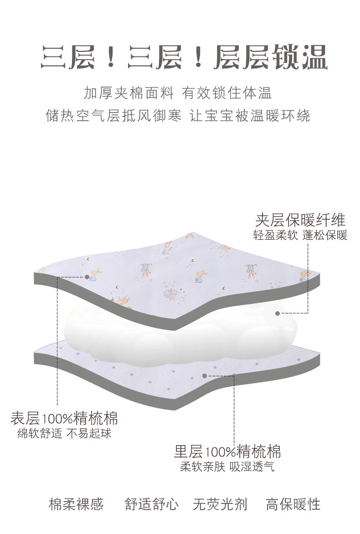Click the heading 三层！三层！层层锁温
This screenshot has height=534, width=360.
pos(184,58)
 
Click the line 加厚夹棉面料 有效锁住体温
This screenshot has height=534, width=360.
pos(178,93)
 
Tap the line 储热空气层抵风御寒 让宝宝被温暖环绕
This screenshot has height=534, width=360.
pos(178,115)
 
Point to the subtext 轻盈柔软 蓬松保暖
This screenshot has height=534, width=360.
pos(300,236)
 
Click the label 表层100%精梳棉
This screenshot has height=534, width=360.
pos(64,417)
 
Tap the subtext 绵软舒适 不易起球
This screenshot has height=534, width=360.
pos(64,433)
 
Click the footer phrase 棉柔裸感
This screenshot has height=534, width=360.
pos(76,504)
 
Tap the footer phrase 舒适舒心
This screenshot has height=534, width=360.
pos(152,504)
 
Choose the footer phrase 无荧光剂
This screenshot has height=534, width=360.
pos(220,504)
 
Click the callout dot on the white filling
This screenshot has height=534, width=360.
pos(278,313)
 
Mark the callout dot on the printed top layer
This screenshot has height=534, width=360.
pos(87,277)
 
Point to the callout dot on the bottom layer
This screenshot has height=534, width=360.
pos(205,376)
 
